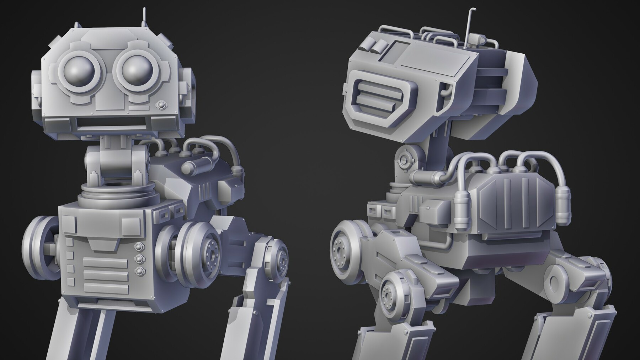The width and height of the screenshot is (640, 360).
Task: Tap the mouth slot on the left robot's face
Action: [x=112, y=124]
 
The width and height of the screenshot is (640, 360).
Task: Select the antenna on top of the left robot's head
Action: [x=144, y=16]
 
